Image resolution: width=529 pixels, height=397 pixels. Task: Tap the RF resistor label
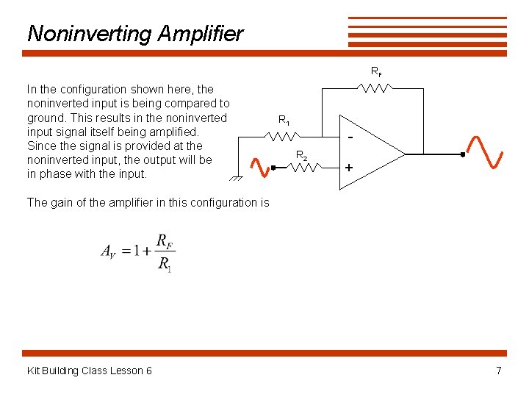[375, 72]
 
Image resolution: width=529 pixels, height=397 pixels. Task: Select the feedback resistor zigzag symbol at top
[375, 88]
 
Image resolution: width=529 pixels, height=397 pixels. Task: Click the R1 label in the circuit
[284, 120]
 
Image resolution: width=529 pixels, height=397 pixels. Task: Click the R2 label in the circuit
[301, 155]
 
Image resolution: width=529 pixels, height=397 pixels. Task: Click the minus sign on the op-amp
[350, 138]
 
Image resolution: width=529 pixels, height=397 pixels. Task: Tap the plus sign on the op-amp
[349, 168]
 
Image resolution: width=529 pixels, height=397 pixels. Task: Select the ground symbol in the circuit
[236, 179]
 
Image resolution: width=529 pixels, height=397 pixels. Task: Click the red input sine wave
[259, 168]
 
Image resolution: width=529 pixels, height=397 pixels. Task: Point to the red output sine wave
[485, 152]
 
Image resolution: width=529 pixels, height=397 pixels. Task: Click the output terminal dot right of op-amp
[463, 154]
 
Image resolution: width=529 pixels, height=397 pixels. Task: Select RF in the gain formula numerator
[165, 241]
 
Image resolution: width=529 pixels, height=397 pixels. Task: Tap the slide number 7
[499, 371]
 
